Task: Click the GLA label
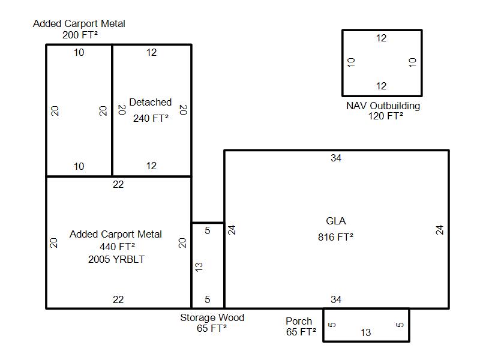pyautogui.click(x=335, y=221)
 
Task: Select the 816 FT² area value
pyautogui.click(x=335, y=237)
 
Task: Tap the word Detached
pyautogui.click(x=151, y=103)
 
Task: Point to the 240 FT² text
pyautogui.click(x=151, y=118)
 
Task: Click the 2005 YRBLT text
pyautogui.click(x=116, y=260)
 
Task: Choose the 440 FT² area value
pyautogui.click(x=117, y=247)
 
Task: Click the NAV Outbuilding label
pyautogui.click(x=383, y=106)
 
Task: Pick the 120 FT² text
pyautogui.click(x=385, y=116)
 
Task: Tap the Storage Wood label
pyautogui.click(x=212, y=317)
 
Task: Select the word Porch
pyautogui.click(x=299, y=321)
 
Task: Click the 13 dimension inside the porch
pyautogui.click(x=365, y=332)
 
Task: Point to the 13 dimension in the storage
pyautogui.click(x=199, y=266)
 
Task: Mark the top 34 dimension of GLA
pyautogui.click(x=336, y=158)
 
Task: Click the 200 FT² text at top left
pyautogui.click(x=80, y=35)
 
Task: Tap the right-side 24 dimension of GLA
pyautogui.click(x=440, y=229)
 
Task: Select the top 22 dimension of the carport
pyautogui.click(x=118, y=185)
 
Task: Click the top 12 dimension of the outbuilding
pyautogui.click(x=382, y=38)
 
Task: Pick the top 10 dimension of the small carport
pyautogui.click(x=79, y=53)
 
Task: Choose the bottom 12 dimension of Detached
pyautogui.click(x=151, y=166)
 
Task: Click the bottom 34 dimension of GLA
pyautogui.click(x=336, y=299)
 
